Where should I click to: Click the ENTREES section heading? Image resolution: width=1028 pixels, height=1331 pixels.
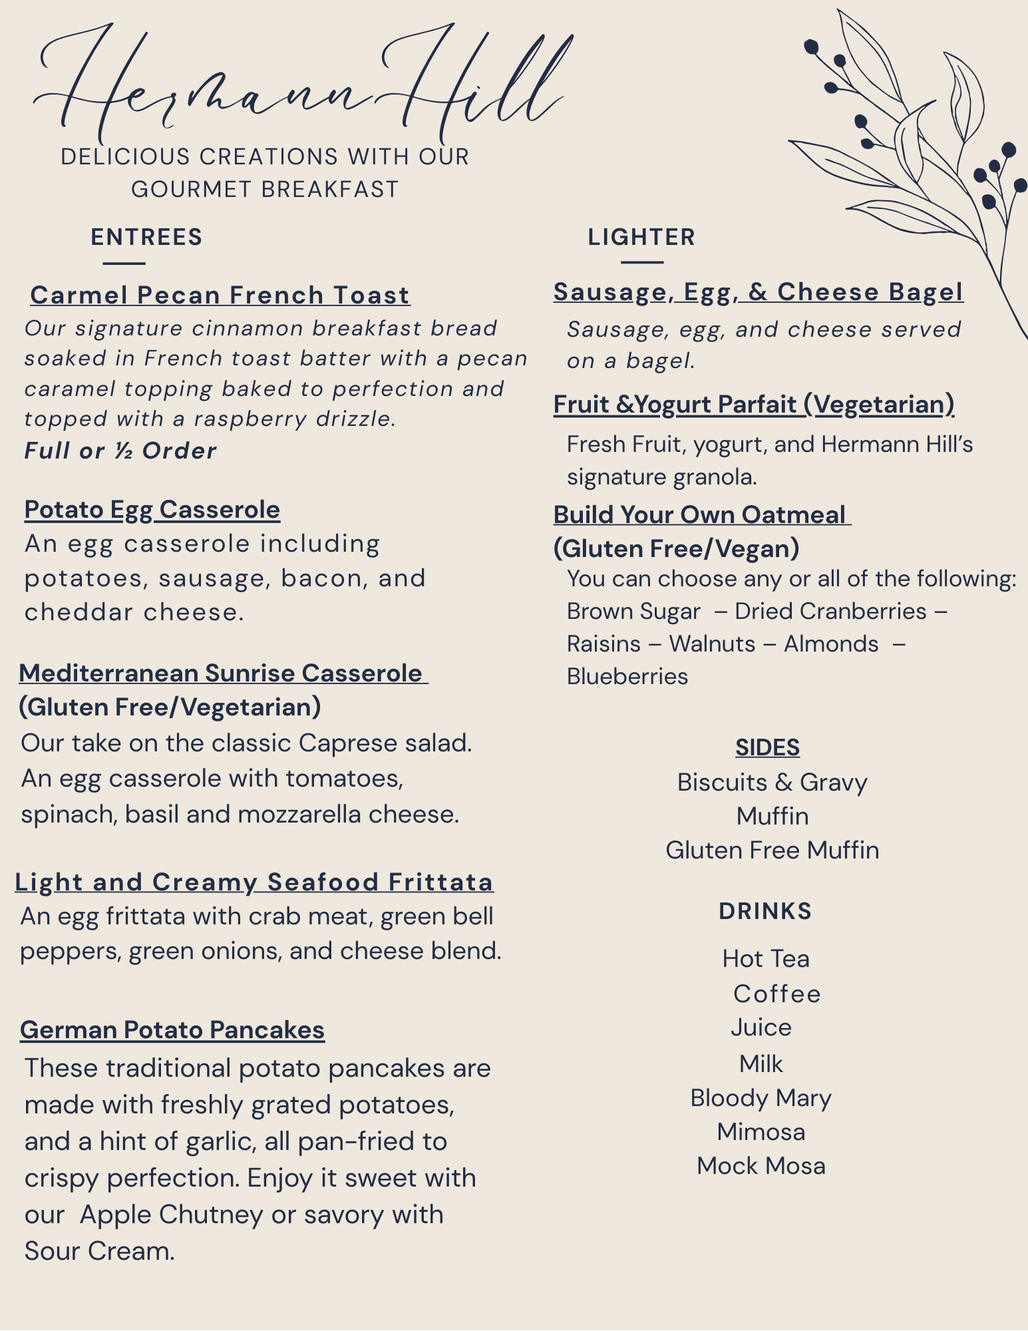click(146, 238)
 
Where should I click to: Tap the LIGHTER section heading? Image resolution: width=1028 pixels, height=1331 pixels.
click(641, 238)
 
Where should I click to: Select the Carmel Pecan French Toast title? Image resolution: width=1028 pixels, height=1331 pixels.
click(220, 295)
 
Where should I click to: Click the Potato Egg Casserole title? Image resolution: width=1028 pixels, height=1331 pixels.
click(152, 510)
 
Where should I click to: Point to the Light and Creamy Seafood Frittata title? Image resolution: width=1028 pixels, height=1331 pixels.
click(254, 882)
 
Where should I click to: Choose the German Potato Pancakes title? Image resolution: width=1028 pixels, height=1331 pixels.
click(172, 1030)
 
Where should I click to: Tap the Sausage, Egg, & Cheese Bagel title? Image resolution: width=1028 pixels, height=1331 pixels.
click(758, 292)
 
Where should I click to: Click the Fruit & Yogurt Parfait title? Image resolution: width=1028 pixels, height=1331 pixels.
click(754, 405)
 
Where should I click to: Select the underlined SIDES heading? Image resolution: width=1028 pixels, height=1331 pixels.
click(767, 748)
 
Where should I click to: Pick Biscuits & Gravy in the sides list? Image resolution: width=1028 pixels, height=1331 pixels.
click(772, 783)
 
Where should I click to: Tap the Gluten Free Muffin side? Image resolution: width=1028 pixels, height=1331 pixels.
click(772, 851)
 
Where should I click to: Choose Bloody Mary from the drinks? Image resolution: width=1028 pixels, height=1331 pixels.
click(761, 1098)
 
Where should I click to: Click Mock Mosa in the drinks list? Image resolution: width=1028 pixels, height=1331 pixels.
click(761, 1166)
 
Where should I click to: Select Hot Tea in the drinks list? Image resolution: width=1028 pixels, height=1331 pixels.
click(766, 959)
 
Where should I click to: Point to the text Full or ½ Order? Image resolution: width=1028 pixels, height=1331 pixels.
click(120, 451)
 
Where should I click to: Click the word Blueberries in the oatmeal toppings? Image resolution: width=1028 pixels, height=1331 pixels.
click(627, 677)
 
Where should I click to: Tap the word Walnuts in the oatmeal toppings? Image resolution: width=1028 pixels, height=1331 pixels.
click(712, 644)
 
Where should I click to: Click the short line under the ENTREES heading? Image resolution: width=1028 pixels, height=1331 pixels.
click(124, 264)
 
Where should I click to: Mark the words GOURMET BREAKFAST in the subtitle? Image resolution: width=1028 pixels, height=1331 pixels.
click(265, 190)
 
